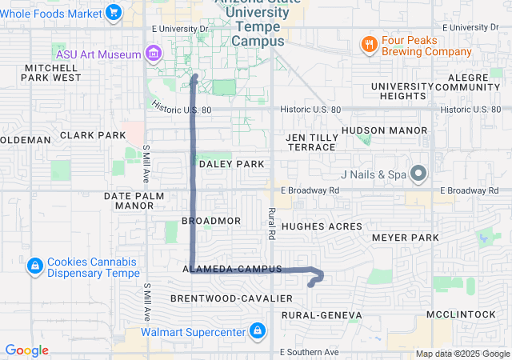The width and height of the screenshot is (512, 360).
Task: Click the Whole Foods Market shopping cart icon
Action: click(114, 12)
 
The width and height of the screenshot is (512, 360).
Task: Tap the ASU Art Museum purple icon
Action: click(154, 54)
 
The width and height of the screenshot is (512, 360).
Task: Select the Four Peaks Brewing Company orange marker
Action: click(369, 44)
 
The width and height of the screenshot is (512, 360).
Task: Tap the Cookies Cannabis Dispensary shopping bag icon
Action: click(34, 266)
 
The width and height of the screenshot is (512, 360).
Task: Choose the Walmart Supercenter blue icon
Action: click(257, 330)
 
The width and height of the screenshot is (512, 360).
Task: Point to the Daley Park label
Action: click(231, 164)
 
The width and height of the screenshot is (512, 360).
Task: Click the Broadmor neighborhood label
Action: click(211, 220)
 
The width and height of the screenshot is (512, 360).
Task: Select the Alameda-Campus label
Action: click(233, 270)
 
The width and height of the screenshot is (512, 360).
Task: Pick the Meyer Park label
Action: click(406, 238)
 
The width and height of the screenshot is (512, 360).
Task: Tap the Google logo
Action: click(27, 350)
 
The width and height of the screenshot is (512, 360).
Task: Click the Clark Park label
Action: click(93, 135)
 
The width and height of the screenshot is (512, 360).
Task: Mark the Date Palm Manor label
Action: click(134, 200)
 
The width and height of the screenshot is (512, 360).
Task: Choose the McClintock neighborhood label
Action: click(462, 314)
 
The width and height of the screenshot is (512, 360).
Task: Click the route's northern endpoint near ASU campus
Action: click(195, 77)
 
